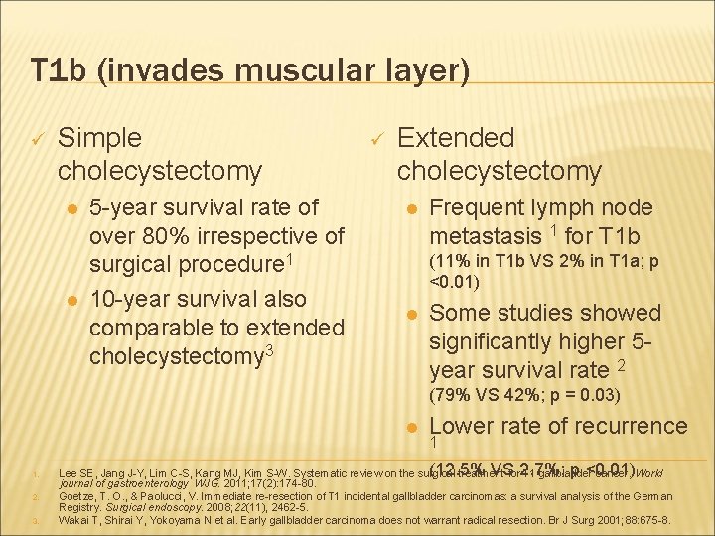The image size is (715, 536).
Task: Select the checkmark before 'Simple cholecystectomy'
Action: click(36, 139)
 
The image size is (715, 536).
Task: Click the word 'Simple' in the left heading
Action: click(99, 138)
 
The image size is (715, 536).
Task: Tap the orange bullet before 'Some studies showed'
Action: click(410, 314)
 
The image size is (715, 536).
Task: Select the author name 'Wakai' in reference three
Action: click(78, 519)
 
